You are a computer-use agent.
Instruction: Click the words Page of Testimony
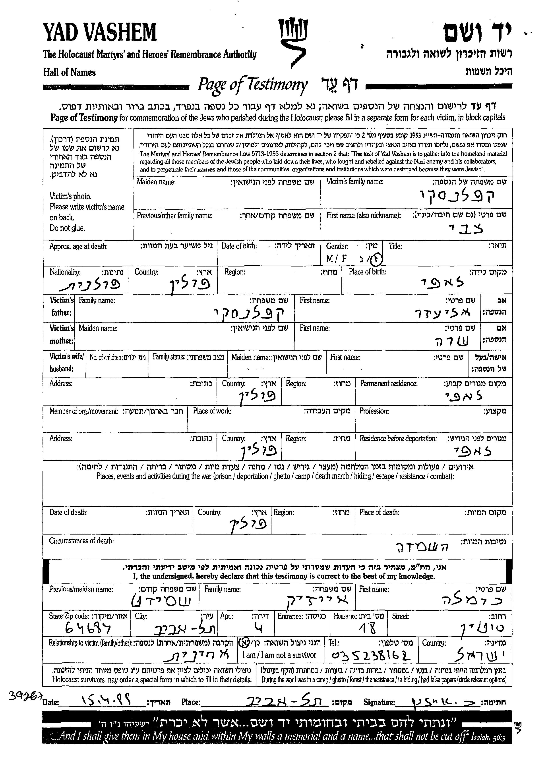tap(253, 84)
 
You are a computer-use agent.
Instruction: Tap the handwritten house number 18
tap(368, 628)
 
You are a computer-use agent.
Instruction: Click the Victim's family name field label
tap(354, 182)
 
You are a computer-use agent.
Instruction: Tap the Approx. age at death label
tap(79, 246)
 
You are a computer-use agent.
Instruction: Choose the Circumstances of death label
tap(81, 541)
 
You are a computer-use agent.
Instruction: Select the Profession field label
tap(374, 411)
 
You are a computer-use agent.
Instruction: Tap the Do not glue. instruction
tap(67, 228)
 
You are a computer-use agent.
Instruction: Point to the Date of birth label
tap(239, 246)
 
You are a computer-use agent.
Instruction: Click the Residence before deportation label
tap(398, 438)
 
